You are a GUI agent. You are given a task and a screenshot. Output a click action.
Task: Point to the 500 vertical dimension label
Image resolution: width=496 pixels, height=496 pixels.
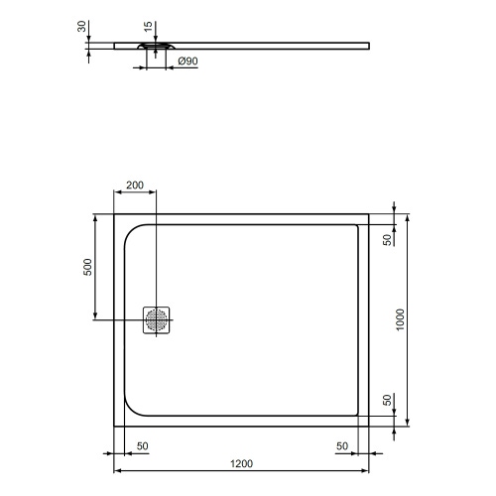[87, 267]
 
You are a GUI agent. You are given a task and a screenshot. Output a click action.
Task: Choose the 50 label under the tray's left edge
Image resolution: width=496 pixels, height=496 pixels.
[143, 445]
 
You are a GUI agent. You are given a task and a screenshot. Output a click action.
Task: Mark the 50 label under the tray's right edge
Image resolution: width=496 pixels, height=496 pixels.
[341, 445]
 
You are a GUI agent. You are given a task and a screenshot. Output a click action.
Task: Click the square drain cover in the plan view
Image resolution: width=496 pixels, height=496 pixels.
[157, 320]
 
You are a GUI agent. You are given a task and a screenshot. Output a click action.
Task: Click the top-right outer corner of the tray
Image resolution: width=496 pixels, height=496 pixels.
[371, 213]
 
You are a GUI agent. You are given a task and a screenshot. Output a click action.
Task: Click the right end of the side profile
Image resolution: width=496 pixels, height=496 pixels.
[369, 43]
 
